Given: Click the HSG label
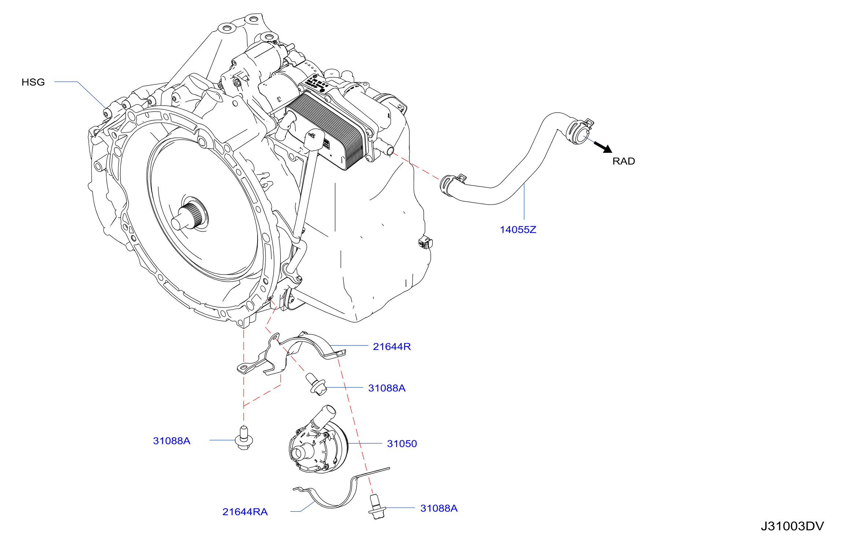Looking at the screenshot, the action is point(33,82).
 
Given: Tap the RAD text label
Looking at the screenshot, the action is point(624,161).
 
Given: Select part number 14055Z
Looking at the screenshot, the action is point(518,230).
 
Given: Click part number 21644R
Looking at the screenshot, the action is point(392,347).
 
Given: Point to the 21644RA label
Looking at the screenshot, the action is point(245,512).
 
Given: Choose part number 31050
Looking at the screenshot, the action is point(402,444).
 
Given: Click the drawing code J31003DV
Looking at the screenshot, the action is point(792,526).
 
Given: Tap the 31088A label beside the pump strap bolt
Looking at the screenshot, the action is point(439,508).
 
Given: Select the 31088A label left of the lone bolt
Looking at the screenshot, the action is point(171,441).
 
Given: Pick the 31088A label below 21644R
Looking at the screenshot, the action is point(387,388).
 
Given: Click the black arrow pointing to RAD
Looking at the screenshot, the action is point(603,147).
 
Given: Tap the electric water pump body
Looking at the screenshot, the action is point(317,445).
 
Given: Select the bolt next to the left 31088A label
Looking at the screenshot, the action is point(244,438).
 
